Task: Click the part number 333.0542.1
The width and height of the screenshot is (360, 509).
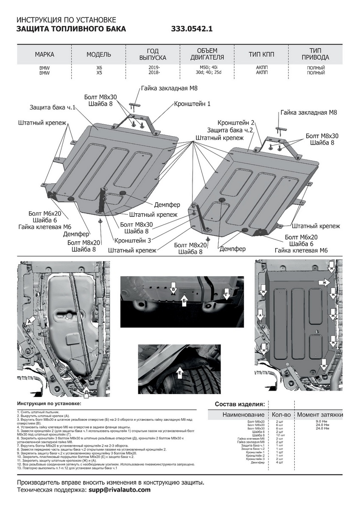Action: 192,29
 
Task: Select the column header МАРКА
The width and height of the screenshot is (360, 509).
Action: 44,55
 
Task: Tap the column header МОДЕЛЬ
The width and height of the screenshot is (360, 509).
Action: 99,55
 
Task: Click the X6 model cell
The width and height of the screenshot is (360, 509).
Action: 99,67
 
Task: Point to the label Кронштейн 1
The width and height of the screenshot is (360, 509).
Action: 192,103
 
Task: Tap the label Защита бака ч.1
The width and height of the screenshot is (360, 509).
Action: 53,107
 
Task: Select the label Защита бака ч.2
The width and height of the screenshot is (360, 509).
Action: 230,130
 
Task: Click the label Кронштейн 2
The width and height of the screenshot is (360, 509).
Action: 237,122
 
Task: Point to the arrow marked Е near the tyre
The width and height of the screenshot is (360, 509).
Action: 180,373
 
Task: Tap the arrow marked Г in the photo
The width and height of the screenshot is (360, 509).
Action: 226,294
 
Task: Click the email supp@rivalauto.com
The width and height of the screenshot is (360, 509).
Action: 119,490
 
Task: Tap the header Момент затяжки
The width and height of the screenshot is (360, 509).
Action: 320,414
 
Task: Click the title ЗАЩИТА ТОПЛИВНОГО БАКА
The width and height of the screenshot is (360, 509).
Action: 71,29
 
